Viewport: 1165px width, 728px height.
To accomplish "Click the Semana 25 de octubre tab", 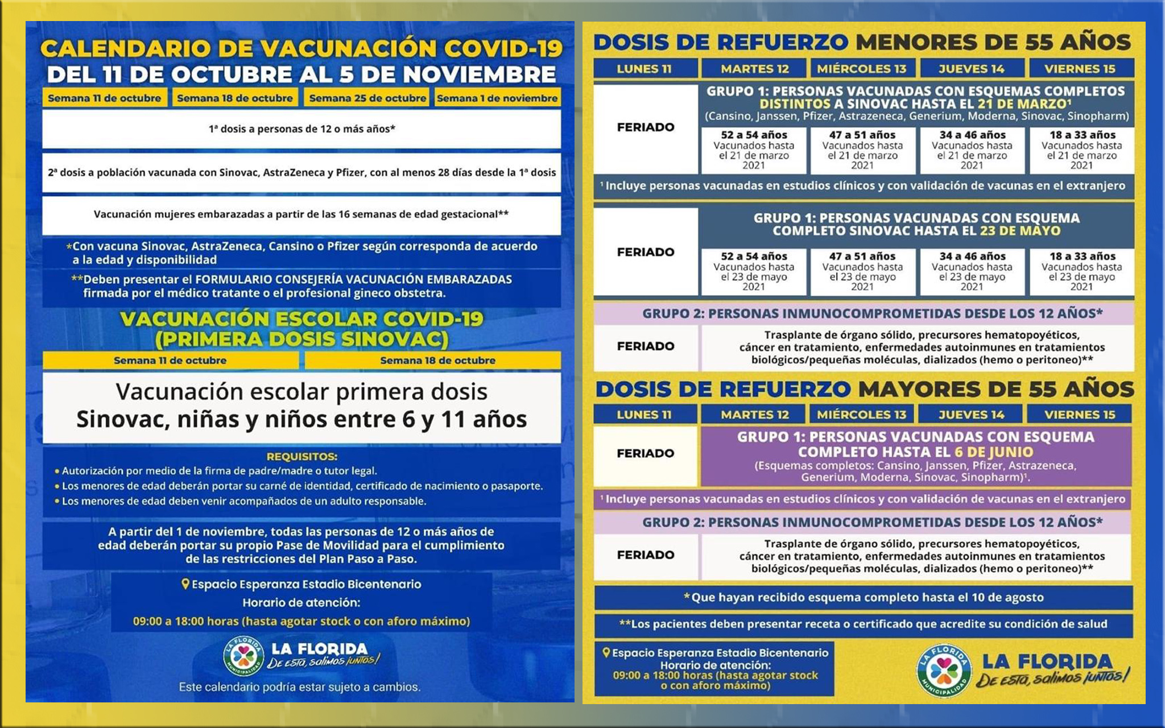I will tap(367, 98).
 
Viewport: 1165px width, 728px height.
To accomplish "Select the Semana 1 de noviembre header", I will tap(497, 98).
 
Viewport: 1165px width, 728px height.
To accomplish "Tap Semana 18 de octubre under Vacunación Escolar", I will tap(437, 360).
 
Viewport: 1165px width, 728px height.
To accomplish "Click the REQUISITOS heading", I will tap(301, 456).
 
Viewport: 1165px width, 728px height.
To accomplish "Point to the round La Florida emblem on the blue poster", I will tap(243, 656).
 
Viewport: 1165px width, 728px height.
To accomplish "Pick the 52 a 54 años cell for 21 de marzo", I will tap(754, 150).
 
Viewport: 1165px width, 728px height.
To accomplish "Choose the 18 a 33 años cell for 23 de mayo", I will tap(1081, 271).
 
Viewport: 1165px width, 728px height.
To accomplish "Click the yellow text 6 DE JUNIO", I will tap(993, 452).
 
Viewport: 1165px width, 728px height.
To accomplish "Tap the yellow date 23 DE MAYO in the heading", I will tap(1020, 231).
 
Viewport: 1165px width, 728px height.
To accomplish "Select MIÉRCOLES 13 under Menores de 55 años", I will tap(862, 69).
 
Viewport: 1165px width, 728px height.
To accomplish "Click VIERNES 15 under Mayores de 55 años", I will tap(1080, 415).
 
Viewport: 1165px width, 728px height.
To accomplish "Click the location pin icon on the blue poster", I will tap(185, 584).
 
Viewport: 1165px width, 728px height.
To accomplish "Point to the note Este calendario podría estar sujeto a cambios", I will tap(300, 687).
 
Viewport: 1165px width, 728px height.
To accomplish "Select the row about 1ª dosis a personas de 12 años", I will tap(301, 129).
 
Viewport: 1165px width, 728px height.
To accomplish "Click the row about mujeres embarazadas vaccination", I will tap(301, 214).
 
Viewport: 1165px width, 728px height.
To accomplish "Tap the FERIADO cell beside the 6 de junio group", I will tap(646, 454).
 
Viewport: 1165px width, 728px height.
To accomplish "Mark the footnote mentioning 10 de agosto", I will tap(864, 597).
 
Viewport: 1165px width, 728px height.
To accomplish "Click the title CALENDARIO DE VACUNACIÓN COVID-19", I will tap(301, 48).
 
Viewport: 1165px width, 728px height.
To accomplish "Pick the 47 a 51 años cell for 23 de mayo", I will tap(862, 271).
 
